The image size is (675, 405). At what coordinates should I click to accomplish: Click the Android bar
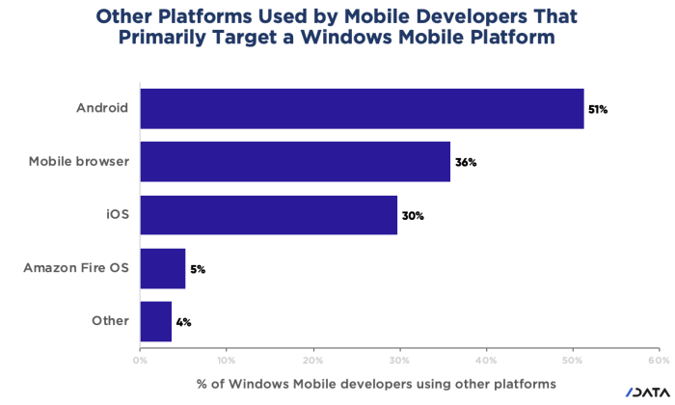[362, 108]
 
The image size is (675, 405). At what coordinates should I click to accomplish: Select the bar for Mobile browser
[295, 161]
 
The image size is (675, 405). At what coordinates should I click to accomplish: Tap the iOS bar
[268, 214]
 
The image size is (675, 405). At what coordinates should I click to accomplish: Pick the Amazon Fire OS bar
[162, 268]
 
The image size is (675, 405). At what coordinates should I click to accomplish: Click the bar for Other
[155, 321]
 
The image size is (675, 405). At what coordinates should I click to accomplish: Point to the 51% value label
[598, 109]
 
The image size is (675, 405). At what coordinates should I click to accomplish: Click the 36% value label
[467, 162]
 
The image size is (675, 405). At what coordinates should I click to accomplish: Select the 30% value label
[413, 215]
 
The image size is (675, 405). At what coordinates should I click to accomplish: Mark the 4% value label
[183, 322]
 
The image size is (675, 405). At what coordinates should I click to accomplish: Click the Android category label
[102, 108]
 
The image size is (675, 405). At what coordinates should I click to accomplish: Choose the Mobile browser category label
[80, 161]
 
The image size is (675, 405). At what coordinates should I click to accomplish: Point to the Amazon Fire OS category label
[75, 268]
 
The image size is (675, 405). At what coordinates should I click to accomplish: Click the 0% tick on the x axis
[140, 360]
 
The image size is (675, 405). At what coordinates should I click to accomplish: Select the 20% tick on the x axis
[312, 360]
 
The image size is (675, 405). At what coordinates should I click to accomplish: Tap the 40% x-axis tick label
[486, 360]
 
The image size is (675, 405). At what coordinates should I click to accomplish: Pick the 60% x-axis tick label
[660, 360]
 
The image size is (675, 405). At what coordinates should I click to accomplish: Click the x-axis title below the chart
[376, 383]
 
